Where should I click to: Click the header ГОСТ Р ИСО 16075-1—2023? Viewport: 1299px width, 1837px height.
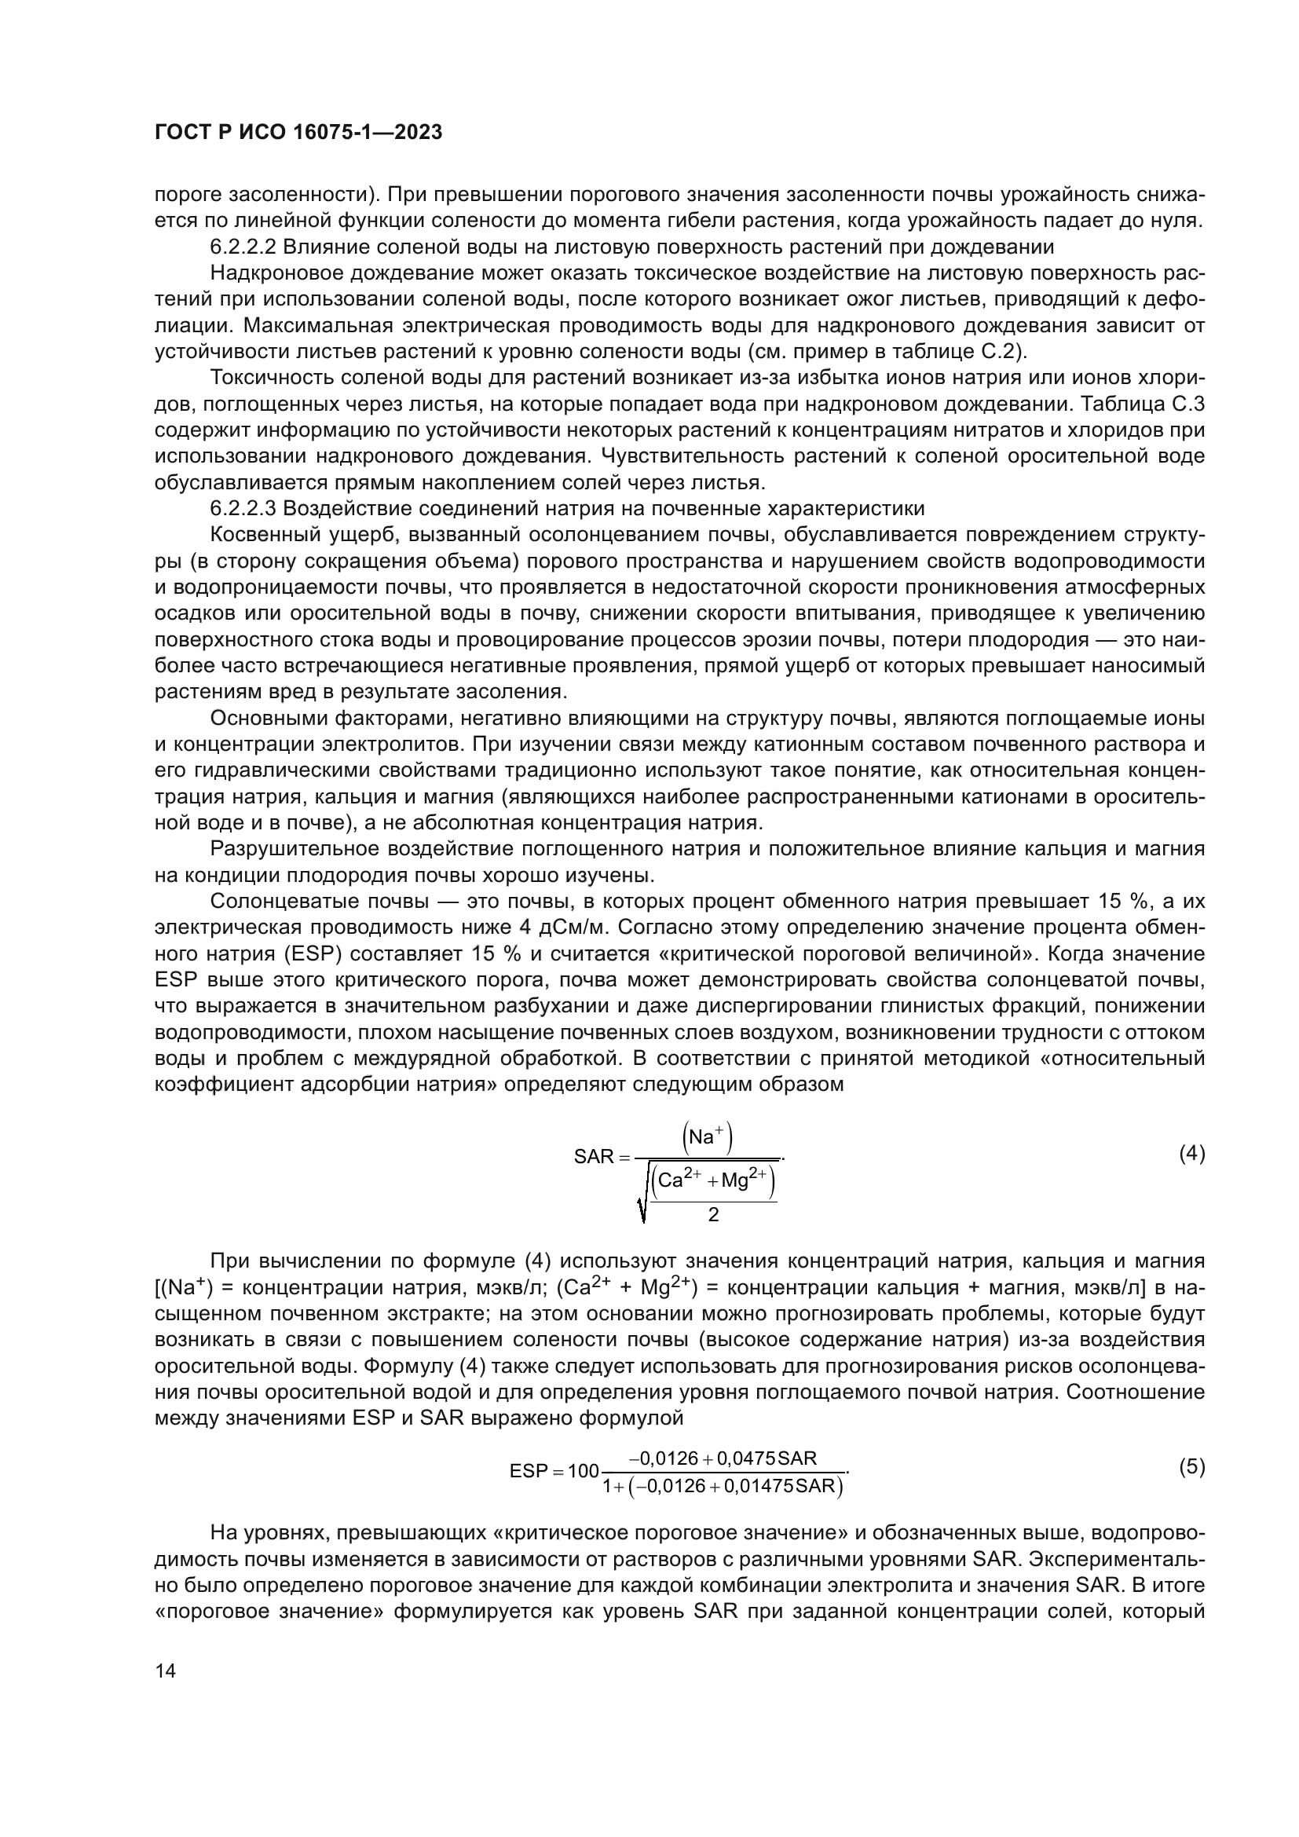[x=298, y=133]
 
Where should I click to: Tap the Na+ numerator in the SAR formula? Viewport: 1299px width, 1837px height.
[x=708, y=1137]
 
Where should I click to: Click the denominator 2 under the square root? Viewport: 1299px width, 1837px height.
[x=713, y=1214]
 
